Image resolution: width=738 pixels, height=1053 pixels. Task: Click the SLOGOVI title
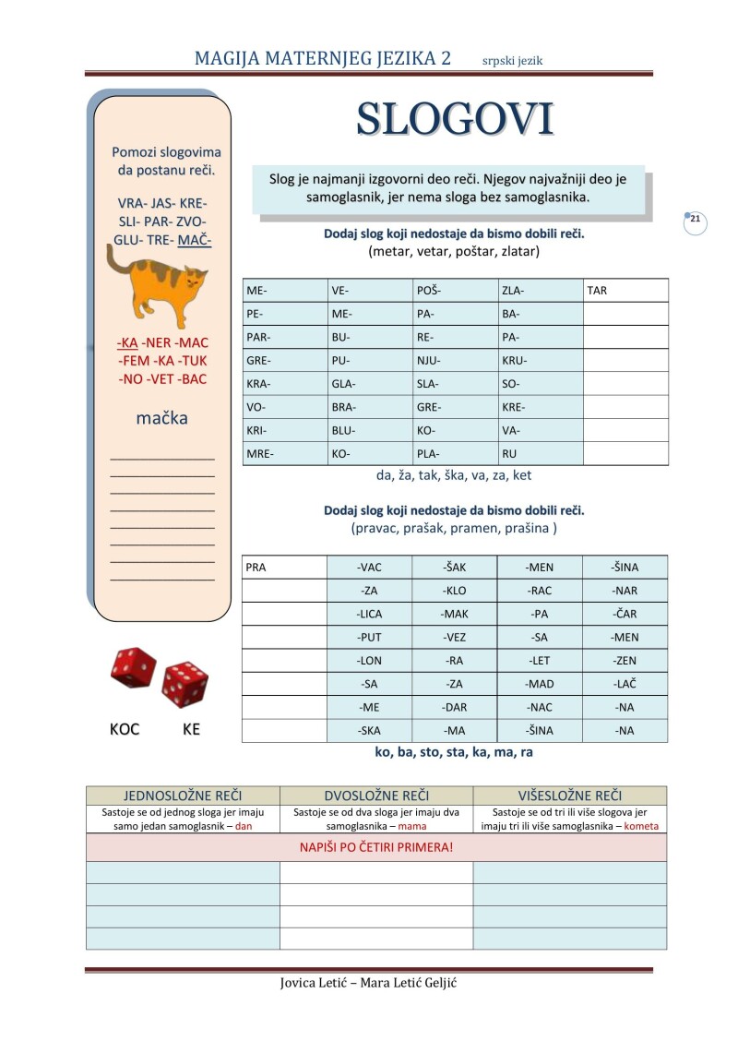tap(455, 119)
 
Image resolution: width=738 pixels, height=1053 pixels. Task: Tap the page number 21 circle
tap(696, 221)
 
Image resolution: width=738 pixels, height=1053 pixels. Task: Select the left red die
tap(134, 667)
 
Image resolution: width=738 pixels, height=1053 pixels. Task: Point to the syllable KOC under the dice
tap(125, 729)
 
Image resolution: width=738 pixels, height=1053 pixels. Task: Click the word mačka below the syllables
tap(161, 418)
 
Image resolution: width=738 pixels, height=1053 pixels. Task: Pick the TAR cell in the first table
tap(597, 291)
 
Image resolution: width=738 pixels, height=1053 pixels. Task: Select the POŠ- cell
tap(428, 291)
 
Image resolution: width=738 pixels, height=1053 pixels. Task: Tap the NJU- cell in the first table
tap(429, 361)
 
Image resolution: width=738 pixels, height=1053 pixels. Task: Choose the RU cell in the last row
tap(509, 454)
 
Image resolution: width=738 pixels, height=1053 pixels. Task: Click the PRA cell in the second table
tap(256, 567)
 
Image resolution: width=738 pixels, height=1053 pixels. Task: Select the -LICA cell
tap(370, 614)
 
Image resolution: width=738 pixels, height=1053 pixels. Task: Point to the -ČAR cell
tap(625, 614)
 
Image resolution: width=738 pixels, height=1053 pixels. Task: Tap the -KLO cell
tap(455, 591)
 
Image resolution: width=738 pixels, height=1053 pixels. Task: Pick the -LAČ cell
tap(625, 684)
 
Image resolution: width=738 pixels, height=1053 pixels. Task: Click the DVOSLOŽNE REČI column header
tap(376, 796)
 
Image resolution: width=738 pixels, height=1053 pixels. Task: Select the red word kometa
tap(641, 826)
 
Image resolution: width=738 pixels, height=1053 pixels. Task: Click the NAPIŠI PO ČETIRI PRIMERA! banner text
tap(376, 846)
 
